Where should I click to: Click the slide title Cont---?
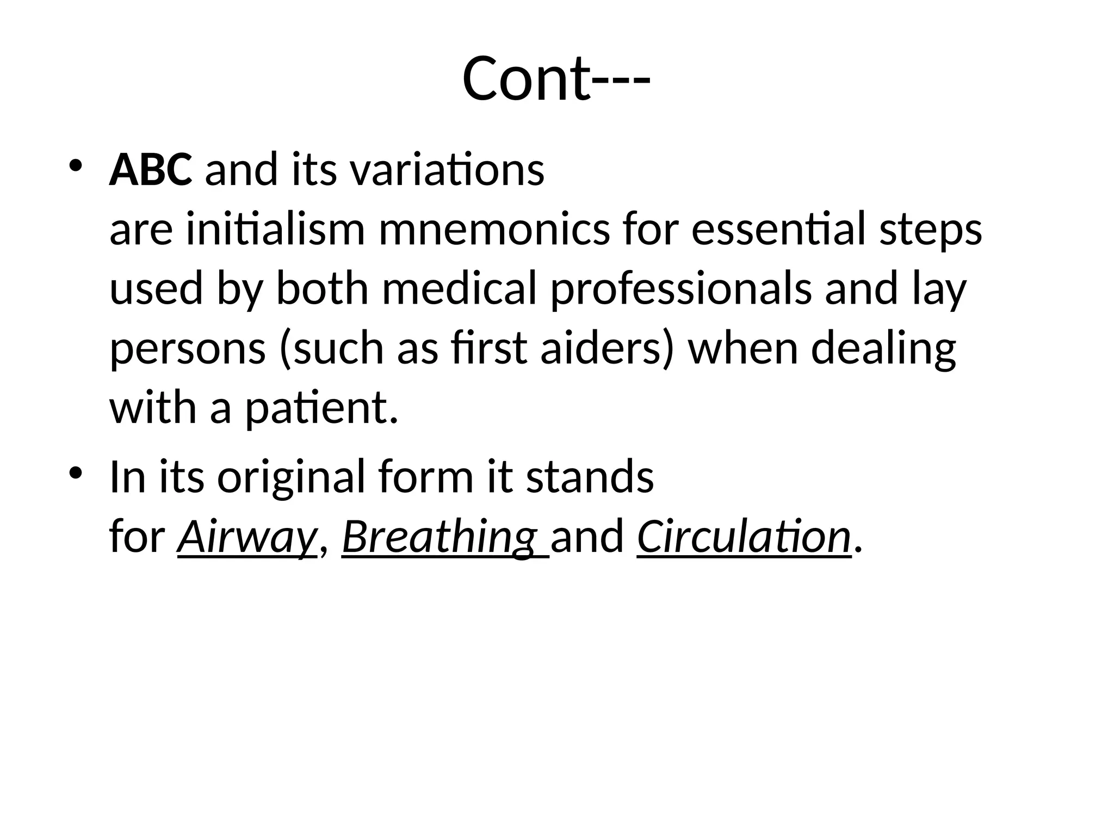(556, 79)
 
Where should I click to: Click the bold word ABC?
(151, 170)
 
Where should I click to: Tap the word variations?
(447, 170)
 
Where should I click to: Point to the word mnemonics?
(494, 230)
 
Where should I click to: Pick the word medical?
(460, 289)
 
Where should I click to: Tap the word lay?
(939, 289)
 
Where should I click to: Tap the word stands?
(590, 477)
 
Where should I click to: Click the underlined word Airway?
(247, 537)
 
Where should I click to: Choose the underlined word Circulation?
(744, 537)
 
